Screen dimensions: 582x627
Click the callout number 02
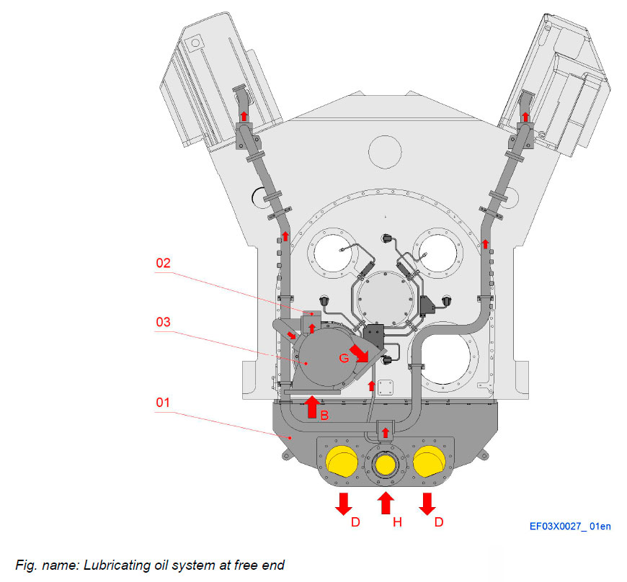tap(166, 264)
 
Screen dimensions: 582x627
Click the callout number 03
tap(166, 321)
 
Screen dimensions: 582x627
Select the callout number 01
tap(166, 402)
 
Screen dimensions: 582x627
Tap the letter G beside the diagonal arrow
tap(344, 357)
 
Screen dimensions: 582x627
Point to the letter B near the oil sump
tap(324, 416)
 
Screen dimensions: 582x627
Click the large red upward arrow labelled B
tap(311, 407)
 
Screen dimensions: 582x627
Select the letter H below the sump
tap(397, 523)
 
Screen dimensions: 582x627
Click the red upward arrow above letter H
tap(386, 503)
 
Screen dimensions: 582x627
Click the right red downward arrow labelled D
tap(427, 503)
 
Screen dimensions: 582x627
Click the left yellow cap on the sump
tap(342, 461)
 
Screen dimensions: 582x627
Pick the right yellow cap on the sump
tap(430, 461)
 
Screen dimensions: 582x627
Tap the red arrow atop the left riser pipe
tap(244, 115)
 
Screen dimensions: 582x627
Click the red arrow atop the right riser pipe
tap(526, 115)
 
